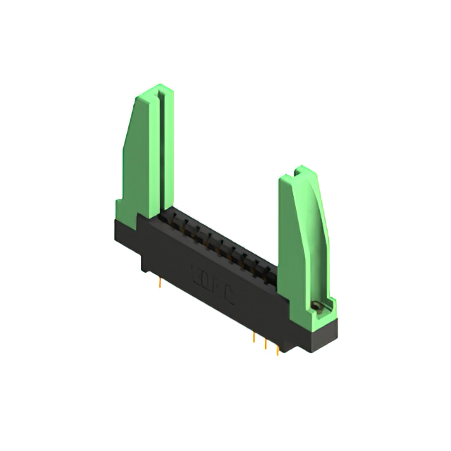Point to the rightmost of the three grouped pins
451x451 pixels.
click(277, 348)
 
